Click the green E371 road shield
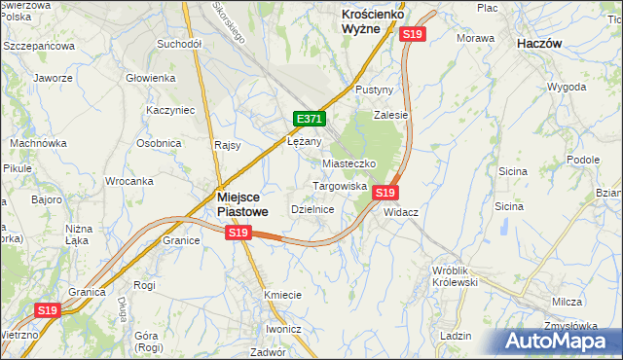(309, 119)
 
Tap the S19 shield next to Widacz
(385, 193)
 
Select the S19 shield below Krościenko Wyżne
(413, 34)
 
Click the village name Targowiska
(339, 185)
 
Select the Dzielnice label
(313, 209)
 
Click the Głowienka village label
(150, 78)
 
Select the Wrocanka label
(129, 181)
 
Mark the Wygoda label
(567, 87)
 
